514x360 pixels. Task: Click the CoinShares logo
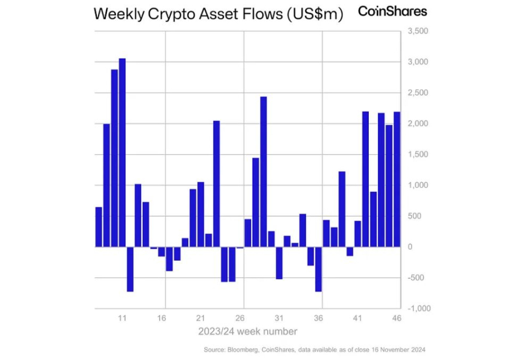coord(392,11)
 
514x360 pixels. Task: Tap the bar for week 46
coord(397,179)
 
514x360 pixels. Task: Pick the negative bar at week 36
coord(319,269)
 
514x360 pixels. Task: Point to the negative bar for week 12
coord(130,269)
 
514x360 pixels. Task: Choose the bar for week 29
coord(264,171)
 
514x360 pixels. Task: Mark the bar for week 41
coord(357,233)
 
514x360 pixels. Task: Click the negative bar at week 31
coord(279,263)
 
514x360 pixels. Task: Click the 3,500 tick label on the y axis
coord(417,31)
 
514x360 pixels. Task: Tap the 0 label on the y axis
coord(409,247)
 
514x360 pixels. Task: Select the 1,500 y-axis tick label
coord(417,154)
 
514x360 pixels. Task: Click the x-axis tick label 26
coord(240,318)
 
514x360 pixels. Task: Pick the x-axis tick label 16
coord(161,318)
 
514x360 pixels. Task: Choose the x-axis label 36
coord(319,318)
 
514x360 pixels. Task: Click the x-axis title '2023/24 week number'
coord(247,331)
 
